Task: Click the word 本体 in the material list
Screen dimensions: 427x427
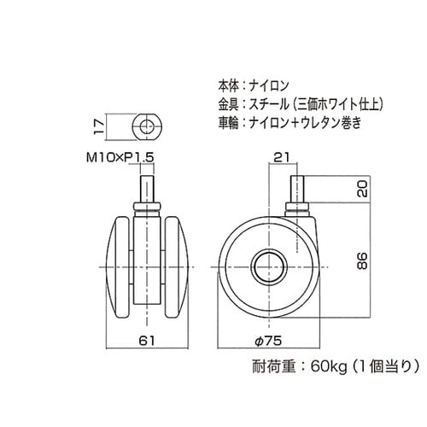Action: (x=229, y=85)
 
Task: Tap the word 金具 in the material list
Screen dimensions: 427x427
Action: (x=229, y=104)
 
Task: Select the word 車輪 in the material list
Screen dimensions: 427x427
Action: (x=229, y=123)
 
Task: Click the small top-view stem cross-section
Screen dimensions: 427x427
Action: (x=147, y=129)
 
